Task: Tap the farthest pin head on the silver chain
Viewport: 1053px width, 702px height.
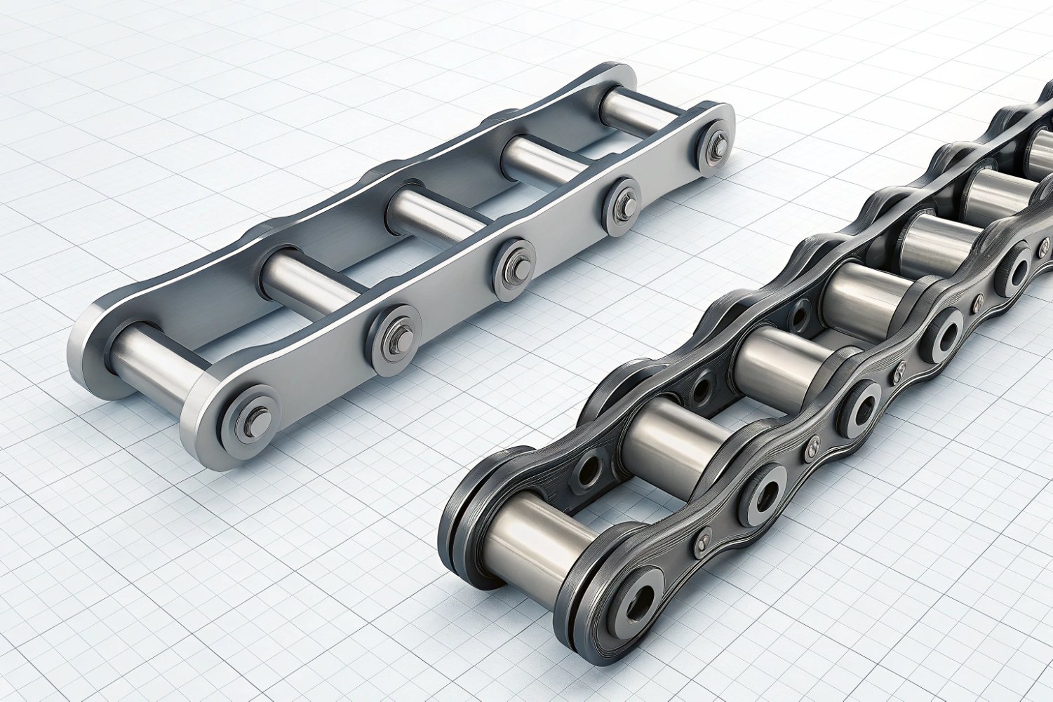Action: coord(716,147)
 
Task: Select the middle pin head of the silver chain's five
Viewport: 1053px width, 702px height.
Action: coord(516,269)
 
